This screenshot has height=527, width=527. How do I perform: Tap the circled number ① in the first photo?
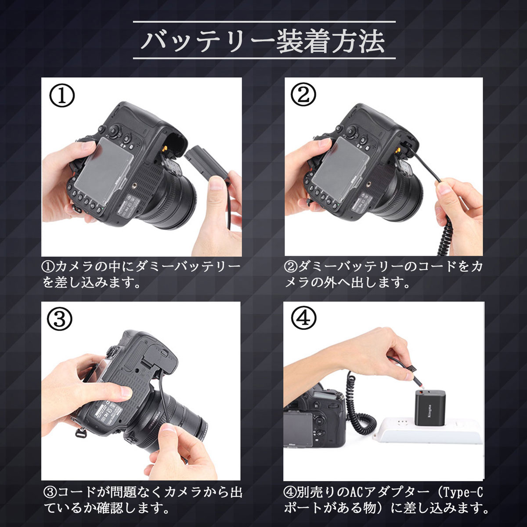click(61, 96)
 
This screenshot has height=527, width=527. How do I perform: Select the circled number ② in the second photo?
click(303, 96)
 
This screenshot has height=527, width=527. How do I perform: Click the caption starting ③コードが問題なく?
click(143, 500)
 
